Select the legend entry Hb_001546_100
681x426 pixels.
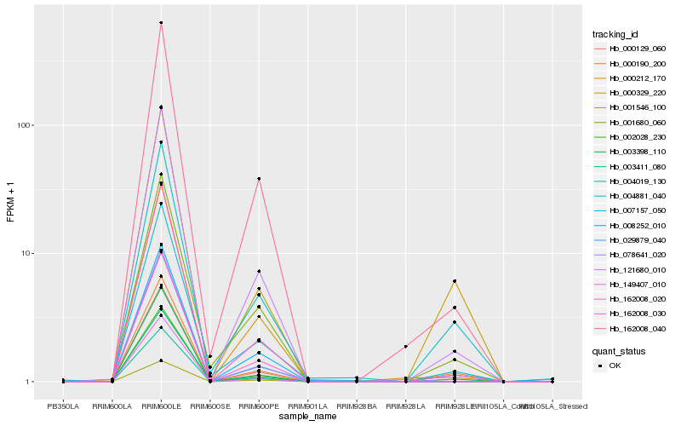[626, 107]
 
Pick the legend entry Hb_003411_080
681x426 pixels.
[626, 166]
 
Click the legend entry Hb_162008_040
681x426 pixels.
[626, 328]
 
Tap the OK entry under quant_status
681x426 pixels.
[615, 365]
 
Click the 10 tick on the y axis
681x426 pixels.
[26, 254]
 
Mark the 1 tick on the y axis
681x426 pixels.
[29, 382]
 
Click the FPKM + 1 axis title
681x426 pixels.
[10, 203]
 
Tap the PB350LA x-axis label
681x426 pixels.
[63, 406]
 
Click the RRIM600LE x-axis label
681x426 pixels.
[161, 406]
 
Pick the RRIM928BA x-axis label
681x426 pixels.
[356, 406]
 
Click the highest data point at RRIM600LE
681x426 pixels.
[161, 23]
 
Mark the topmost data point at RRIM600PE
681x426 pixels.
[259, 179]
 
